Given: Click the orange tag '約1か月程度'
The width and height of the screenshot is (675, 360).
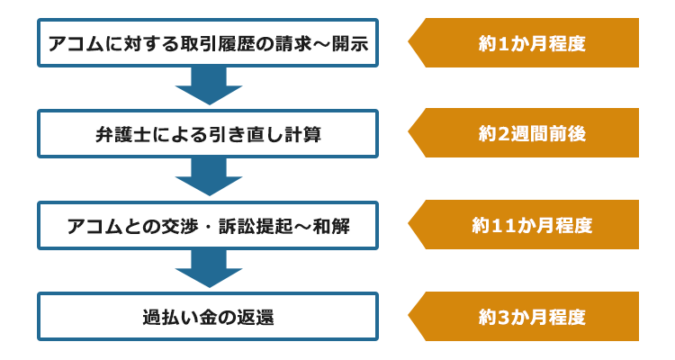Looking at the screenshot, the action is (x=524, y=42).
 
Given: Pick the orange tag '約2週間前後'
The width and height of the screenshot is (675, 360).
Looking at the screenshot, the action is (x=524, y=133).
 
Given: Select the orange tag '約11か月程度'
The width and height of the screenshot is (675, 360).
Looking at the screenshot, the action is (x=524, y=224).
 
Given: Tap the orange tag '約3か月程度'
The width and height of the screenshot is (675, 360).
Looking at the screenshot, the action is (x=524, y=317).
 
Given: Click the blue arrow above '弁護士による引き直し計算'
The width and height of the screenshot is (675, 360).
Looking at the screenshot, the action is (x=209, y=86).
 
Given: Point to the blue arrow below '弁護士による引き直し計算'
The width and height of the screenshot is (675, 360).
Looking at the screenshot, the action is (x=209, y=177).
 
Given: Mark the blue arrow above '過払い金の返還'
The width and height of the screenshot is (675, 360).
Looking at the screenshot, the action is (x=209, y=269).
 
